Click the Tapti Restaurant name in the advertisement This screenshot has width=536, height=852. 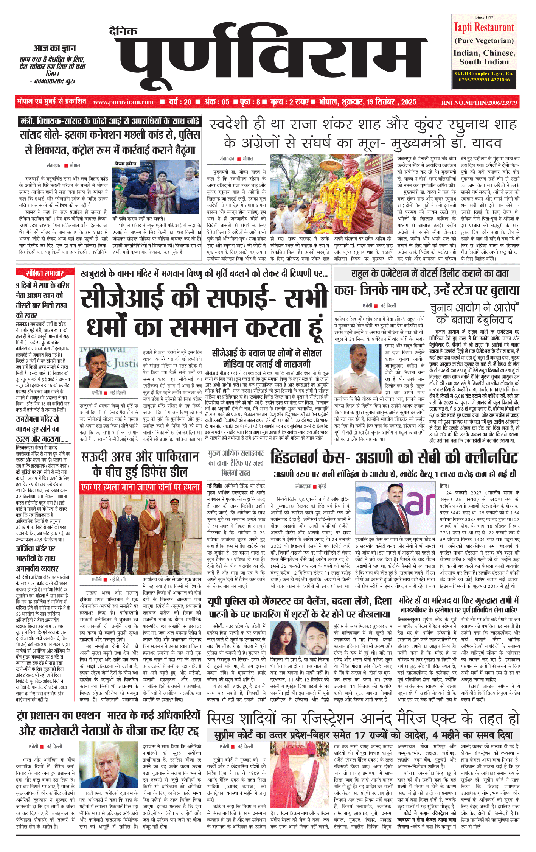pyautogui.click(x=484, y=27)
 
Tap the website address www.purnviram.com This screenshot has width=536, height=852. pyautogui.click(x=123, y=102)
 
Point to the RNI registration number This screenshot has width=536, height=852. pyautogui.click(x=479, y=103)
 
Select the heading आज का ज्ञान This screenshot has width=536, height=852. pyautogui.click(x=54, y=48)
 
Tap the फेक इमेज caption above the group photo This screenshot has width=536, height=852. pyautogui.click(x=126, y=164)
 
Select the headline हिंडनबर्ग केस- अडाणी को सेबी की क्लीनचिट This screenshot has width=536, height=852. pyautogui.click(x=394, y=458)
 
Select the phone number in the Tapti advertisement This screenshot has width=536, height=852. pyautogui.click(x=484, y=80)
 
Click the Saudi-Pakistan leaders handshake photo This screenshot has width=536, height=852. pyautogui.click(x=140, y=534)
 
